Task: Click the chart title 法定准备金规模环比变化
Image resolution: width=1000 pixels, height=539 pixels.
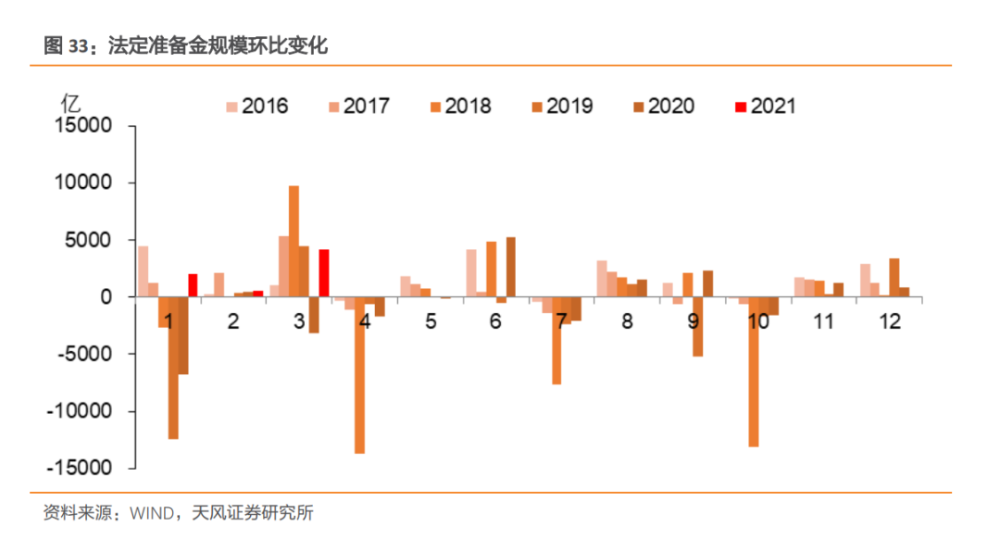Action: pyautogui.click(x=218, y=44)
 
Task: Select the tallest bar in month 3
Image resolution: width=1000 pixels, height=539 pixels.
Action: pyautogui.click(x=294, y=241)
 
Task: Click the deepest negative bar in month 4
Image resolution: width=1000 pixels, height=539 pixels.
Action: pyautogui.click(x=359, y=375)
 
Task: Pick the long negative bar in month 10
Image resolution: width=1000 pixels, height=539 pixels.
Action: pyautogui.click(x=754, y=371)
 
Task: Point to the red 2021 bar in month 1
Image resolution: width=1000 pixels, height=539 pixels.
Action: pyautogui.click(x=193, y=285)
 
